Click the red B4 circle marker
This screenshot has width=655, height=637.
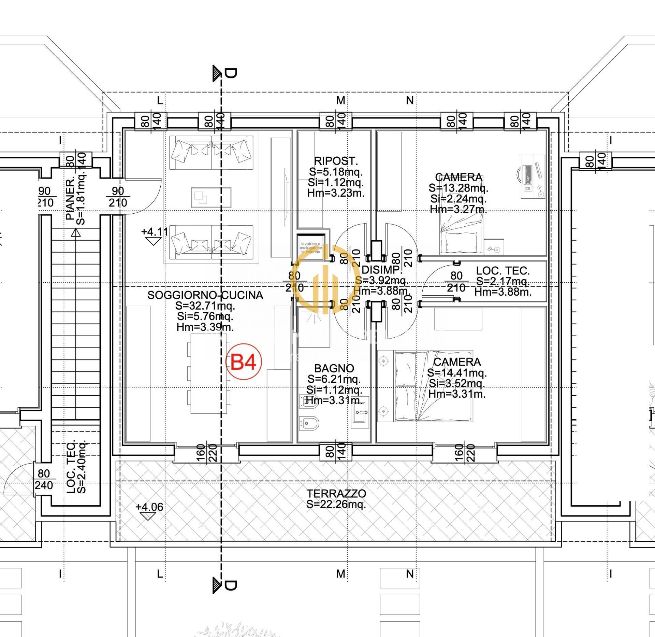(x=244, y=362)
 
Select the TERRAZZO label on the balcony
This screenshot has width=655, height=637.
(x=336, y=494)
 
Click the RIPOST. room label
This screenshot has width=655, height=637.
(x=336, y=161)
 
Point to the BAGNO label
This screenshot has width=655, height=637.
(x=334, y=368)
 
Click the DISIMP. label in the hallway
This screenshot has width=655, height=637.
(x=381, y=270)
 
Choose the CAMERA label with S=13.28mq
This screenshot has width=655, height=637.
(x=458, y=178)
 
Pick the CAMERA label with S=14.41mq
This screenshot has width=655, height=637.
(x=457, y=362)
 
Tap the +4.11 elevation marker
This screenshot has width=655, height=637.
(x=154, y=232)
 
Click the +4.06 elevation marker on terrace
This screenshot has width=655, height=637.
(x=149, y=507)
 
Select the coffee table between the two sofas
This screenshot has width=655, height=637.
(x=211, y=197)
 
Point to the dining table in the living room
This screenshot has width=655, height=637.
(x=208, y=373)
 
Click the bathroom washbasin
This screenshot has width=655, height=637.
(x=360, y=412)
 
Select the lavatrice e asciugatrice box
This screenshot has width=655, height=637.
(x=310, y=247)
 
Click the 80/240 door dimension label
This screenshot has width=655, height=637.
(x=44, y=479)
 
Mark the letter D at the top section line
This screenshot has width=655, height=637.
(x=231, y=73)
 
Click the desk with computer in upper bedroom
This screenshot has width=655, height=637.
(x=532, y=177)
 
